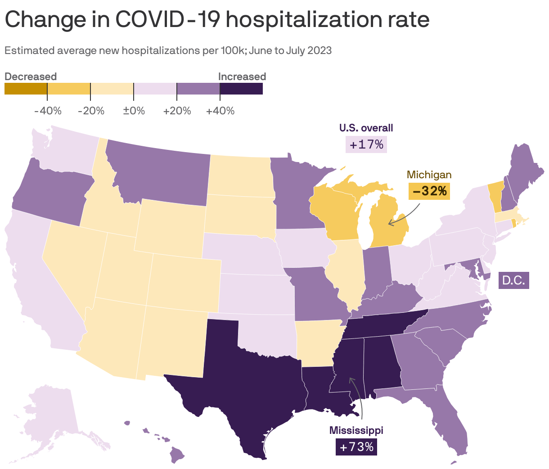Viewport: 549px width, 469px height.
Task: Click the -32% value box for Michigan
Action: click(x=429, y=191)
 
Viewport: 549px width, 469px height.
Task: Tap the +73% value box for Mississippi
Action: click(x=356, y=447)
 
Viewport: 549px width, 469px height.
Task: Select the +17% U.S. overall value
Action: click(x=366, y=144)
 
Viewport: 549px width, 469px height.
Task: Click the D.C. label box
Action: click(x=513, y=280)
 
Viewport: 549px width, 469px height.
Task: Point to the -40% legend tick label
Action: click(x=48, y=111)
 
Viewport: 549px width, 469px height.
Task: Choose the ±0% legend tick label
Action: click(x=134, y=111)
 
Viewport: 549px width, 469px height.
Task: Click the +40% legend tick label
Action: click(x=220, y=111)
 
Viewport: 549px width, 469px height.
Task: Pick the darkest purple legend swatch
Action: click(x=241, y=89)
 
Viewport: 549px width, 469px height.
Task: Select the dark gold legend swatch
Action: click(x=26, y=89)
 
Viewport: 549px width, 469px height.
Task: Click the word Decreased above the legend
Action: click(x=31, y=77)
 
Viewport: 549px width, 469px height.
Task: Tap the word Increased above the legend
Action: click(x=242, y=77)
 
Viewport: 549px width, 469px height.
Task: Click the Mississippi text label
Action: click(x=356, y=430)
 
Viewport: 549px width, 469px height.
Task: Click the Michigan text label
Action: click(x=429, y=175)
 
